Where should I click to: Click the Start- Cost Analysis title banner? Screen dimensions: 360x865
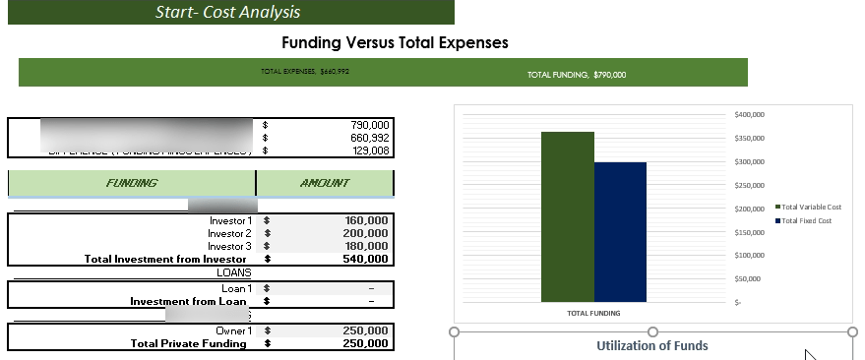tap(227, 13)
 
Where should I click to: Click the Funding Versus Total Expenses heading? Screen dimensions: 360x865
tap(395, 43)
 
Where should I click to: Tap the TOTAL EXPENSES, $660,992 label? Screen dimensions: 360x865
tap(305, 71)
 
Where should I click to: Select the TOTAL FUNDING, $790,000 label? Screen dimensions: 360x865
tap(577, 75)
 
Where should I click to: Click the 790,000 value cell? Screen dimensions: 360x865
tap(370, 125)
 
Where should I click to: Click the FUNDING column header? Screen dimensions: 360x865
tap(132, 183)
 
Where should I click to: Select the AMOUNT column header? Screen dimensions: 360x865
tap(324, 183)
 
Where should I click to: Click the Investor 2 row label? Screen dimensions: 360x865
tap(229, 233)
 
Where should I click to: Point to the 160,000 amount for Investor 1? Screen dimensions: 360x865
tap(367, 220)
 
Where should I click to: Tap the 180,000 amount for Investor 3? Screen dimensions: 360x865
tap(367, 246)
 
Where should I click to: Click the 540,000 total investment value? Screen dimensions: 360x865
tap(367, 259)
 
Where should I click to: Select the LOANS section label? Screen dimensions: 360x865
tap(233, 271)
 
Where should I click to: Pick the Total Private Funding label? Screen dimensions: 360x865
tap(188, 344)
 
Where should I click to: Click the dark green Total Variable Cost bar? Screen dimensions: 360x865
tap(568, 216)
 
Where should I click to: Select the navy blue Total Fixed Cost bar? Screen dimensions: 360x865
tap(620, 232)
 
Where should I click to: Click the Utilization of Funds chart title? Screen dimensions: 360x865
tap(651, 345)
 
